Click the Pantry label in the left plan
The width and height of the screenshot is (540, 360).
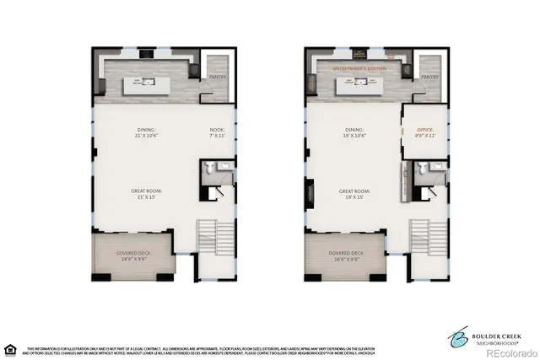coord(218,77)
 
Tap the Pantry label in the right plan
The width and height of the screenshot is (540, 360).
coord(429,77)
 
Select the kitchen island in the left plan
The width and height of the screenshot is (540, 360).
coord(148,83)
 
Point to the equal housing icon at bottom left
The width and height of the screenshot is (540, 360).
coord(10,348)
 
